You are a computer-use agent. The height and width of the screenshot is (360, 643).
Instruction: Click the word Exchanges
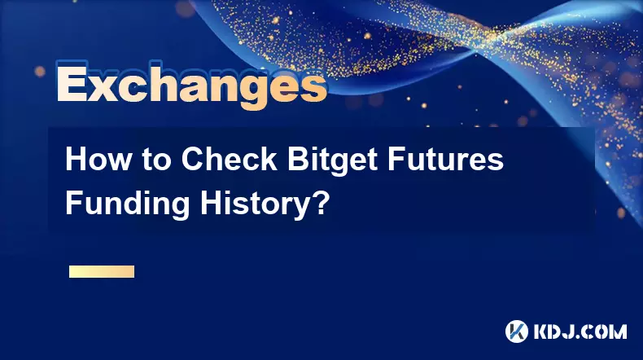(x=191, y=86)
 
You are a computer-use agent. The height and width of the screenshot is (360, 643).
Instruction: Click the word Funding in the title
(x=127, y=203)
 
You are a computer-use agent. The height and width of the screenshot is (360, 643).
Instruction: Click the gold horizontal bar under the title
(x=102, y=271)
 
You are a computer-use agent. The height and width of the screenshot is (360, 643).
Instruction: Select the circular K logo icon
(x=517, y=331)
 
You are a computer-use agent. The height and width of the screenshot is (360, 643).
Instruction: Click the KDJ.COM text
(x=580, y=331)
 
